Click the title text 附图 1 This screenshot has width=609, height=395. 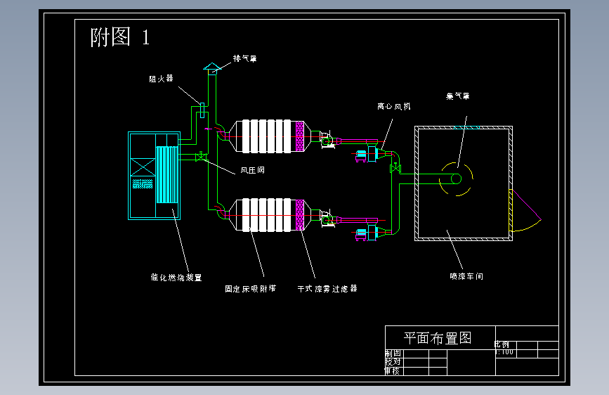click(120, 37)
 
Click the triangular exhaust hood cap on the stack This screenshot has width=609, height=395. click(211, 66)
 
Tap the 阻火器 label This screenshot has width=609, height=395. click(160, 79)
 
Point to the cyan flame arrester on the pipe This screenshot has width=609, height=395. click(202, 110)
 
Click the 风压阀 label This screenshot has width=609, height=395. click(252, 169)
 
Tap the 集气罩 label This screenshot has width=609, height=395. click(457, 96)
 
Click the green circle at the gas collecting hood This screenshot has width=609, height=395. click(456, 179)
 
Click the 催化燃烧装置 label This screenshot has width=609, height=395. click(176, 278)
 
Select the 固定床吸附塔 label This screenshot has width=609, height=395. click(250, 288)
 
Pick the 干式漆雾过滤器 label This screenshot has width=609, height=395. click(327, 288)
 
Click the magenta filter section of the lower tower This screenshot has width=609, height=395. click(300, 215)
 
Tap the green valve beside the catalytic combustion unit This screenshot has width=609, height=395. click(200, 159)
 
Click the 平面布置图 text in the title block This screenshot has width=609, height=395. click(436, 338)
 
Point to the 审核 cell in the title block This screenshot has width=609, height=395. click(392, 370)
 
